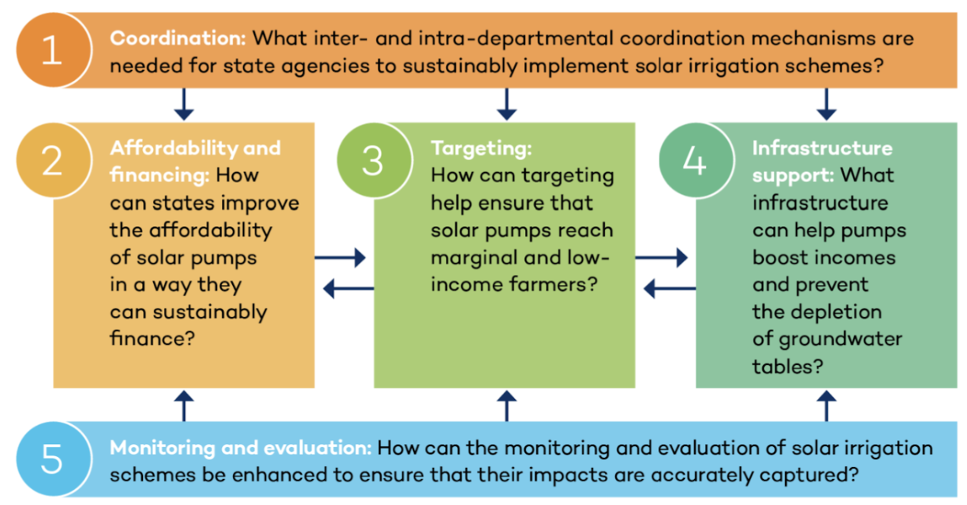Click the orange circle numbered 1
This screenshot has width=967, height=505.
(53, 50)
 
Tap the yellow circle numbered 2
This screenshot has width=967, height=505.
(53, 161)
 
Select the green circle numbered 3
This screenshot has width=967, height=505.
(374, 161)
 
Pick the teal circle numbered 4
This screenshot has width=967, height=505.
(696, 161)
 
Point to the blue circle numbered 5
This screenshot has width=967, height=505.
(53, 459)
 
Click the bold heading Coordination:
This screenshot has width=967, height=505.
(178, 38)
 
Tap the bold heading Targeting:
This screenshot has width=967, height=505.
(482, 149)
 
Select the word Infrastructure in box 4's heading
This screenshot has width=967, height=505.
(822, 149)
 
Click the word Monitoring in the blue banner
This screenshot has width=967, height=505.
(163, 448)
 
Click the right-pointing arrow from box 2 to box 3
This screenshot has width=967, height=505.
(340, 257)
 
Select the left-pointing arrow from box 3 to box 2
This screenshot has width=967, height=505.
(348, 289)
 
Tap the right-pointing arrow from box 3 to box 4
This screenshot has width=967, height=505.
(661, 257)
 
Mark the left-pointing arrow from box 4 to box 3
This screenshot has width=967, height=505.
(670, 289)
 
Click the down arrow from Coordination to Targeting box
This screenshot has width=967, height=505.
(507, 104)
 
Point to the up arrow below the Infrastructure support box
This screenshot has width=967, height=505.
(827, 406)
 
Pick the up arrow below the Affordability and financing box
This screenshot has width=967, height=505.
(184, 406)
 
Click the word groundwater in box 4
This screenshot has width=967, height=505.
(841, 340)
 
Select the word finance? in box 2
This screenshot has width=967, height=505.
(152, 338)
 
